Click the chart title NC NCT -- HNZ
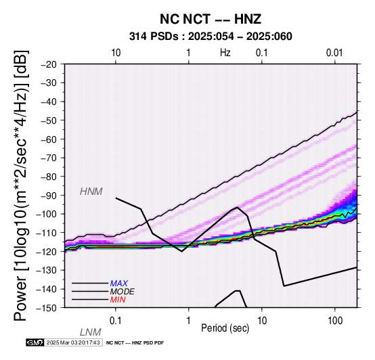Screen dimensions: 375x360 211,19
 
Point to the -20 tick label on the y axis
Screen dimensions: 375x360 48,64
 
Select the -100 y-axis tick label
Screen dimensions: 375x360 46,214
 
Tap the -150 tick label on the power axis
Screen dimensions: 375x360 46,308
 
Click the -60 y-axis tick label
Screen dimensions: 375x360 48,139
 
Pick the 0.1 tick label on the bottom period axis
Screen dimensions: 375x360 116,321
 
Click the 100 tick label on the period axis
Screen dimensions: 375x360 335,321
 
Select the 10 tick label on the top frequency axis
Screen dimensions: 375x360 116,53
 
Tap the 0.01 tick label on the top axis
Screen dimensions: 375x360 335,53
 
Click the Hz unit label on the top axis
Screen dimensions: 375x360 225,53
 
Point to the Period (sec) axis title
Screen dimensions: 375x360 225,328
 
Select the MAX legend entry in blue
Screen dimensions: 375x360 119,284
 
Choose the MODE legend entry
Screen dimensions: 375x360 123,292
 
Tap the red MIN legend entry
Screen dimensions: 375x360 118,300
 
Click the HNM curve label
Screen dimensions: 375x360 91,192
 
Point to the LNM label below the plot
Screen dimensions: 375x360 91,332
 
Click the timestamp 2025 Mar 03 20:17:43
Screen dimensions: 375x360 73,342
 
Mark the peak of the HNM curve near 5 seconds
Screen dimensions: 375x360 237,207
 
